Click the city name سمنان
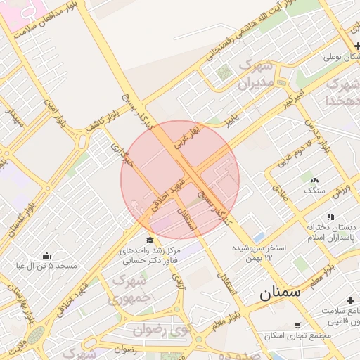[279, 292]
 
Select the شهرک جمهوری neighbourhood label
[129, 290]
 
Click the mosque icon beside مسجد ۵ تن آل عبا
[46, 255]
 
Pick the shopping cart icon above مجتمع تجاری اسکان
[298, 326]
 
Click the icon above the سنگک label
[314, 181]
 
